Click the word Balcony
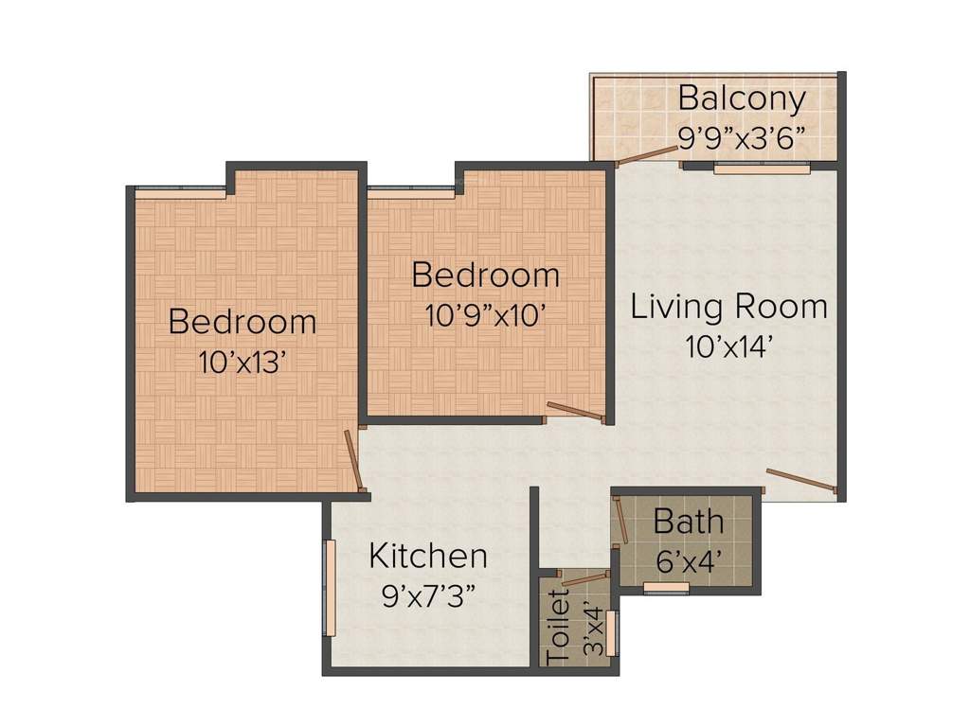(742, 98)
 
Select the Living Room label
(729, 307)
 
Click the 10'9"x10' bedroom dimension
(485, 314)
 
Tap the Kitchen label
(428, 556)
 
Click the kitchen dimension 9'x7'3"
(428, 595)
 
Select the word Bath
(689, 522)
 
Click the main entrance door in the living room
(801, 480)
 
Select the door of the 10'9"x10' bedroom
(575, 410)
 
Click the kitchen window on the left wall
(330, 588)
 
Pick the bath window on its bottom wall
(666, 588)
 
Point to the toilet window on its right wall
(612, 634)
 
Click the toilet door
(582, 578)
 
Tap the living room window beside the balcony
(763, 168)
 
